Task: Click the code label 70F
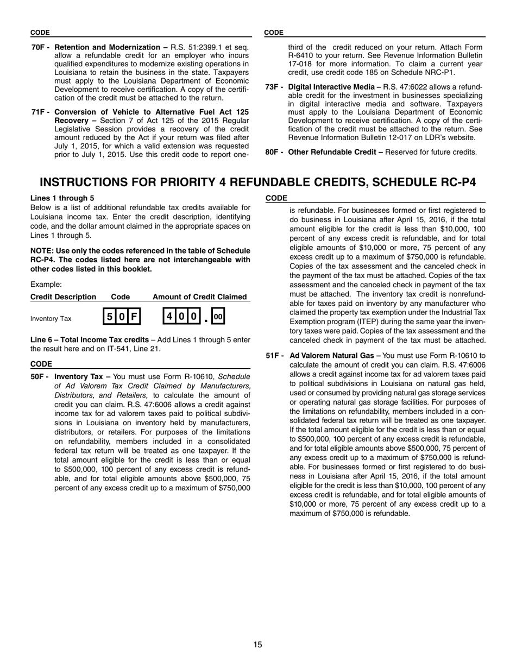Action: point(40,47)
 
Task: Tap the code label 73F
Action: point(274,87)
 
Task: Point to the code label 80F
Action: point(274,152)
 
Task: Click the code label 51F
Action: point(274,356)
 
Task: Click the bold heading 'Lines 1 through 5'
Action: point(62,198)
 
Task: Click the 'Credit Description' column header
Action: point(63,297)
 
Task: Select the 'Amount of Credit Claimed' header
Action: point(200,297)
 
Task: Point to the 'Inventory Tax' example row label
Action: point(51,319)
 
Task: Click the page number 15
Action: point(257,645)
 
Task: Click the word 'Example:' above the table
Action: point(46,284)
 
